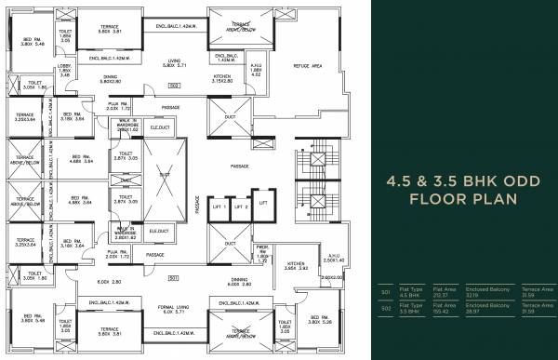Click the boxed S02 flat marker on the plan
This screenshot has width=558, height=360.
pos(173,86)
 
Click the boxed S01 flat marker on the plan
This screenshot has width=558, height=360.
pos(173,278)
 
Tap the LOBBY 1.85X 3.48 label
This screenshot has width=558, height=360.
pos(63,67)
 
